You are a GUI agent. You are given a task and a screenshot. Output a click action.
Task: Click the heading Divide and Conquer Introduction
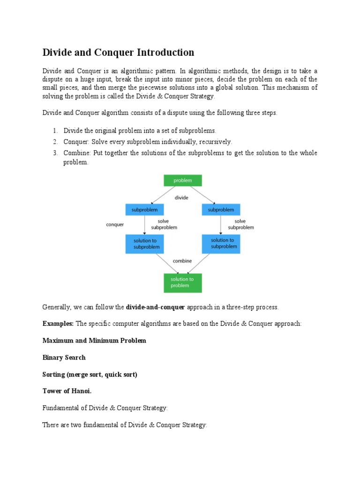[118, 52]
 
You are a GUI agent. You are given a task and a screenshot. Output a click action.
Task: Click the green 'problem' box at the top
[182, 180]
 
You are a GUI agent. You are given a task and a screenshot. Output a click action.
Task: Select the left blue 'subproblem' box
[144, 210]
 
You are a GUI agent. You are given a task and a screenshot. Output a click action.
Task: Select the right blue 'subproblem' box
[221, 210]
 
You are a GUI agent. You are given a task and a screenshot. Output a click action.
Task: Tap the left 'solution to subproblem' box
[144, 244]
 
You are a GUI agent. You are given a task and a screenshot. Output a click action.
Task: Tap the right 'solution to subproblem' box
[221, 244]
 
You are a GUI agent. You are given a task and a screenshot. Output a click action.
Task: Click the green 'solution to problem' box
[182, 282]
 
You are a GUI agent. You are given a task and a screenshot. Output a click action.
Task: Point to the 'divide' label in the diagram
[181, 198]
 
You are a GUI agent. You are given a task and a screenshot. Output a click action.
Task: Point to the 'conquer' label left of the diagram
[115, 225]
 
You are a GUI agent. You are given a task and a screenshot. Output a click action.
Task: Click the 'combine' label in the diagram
[182, 261]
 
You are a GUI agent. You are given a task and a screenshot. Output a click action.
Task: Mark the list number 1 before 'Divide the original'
[55, 131]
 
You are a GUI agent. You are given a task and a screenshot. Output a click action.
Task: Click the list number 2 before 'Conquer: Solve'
[55, 142]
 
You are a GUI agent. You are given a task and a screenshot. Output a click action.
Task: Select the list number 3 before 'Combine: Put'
[55, 153]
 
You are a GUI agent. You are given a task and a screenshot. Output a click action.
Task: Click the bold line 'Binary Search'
[64, 358]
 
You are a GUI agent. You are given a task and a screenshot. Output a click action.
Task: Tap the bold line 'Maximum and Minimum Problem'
[94, 341]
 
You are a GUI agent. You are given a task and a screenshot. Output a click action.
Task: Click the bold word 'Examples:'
[58, 324]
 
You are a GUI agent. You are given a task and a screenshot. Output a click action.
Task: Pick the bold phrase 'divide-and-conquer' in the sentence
[156, 307]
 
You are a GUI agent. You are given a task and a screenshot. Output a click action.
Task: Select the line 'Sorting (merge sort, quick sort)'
[90, 375]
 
